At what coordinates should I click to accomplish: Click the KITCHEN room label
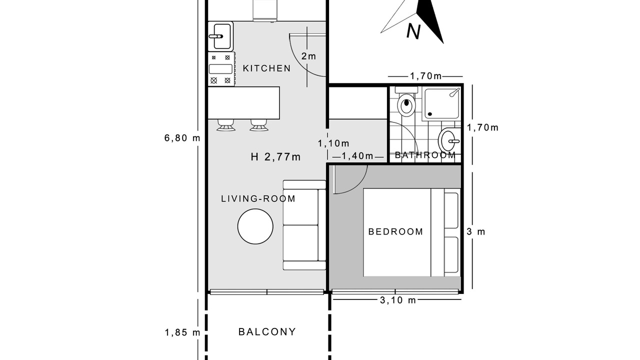266,68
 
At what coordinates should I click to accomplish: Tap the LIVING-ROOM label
258,198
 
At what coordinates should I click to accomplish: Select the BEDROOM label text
395,231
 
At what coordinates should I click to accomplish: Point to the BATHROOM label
425,155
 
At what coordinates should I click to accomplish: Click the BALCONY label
267,331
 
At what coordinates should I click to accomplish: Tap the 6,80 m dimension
182,138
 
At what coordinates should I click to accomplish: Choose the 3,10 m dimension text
397,300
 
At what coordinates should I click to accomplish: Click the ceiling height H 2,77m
275,157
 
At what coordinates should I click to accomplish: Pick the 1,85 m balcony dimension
182,332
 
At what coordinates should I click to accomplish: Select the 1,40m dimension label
357,156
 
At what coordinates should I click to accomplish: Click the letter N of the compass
413,31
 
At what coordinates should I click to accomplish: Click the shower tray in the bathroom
441,103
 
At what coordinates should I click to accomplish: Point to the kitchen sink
220,36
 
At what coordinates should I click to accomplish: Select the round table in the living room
255,226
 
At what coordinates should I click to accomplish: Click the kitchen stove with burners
221,69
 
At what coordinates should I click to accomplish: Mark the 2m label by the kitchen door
308,56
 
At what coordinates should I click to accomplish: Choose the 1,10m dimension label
333,143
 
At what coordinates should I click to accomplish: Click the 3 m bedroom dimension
476,231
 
